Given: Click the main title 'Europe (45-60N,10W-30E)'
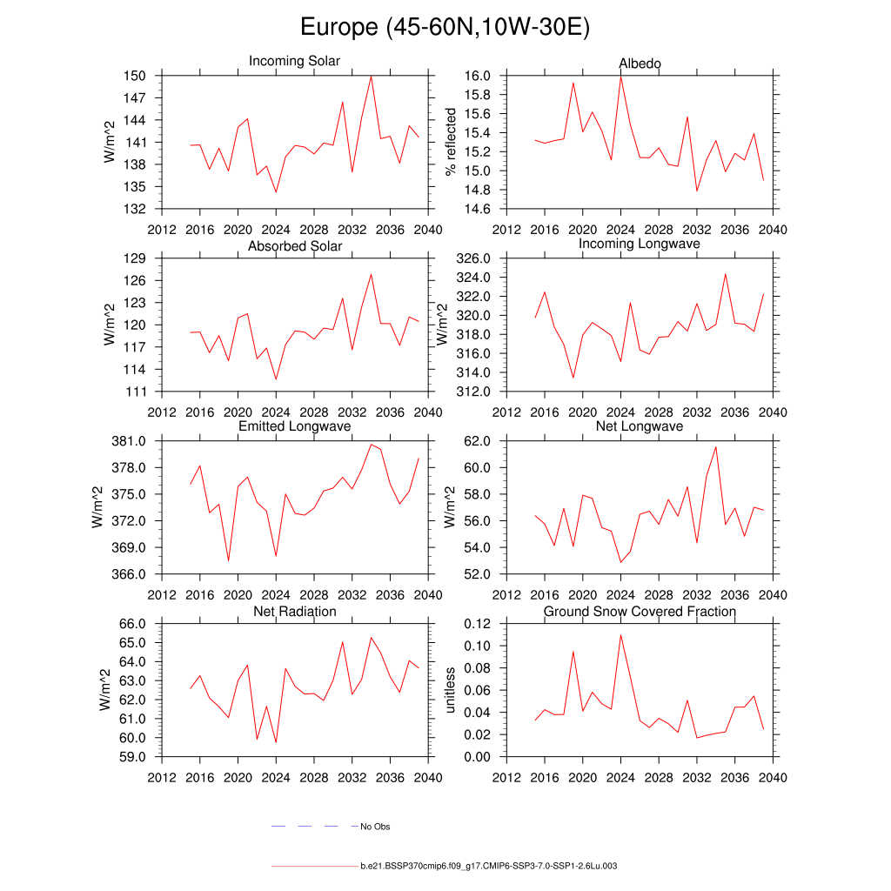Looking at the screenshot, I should coord(445,27).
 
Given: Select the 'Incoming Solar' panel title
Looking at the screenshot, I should coord(294,62).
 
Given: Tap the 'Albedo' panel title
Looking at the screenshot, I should coord(640,64).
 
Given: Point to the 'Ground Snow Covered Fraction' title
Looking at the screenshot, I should coord(640,612).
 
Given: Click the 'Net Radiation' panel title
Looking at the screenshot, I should coord(294,612).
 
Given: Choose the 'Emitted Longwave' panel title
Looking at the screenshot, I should coord(294,426).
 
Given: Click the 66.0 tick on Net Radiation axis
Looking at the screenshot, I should coord(132,624).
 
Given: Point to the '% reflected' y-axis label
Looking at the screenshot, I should coord(450,142).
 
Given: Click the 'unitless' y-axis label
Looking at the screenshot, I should coord(450,690).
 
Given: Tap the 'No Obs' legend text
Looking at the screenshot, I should coord(375,827).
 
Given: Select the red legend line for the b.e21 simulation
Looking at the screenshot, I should coord(313,867).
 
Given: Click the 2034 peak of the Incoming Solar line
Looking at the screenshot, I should coord(372,75).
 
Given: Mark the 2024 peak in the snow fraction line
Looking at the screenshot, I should coord(620,634).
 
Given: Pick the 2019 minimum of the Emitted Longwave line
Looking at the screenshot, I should coord(228,561).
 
